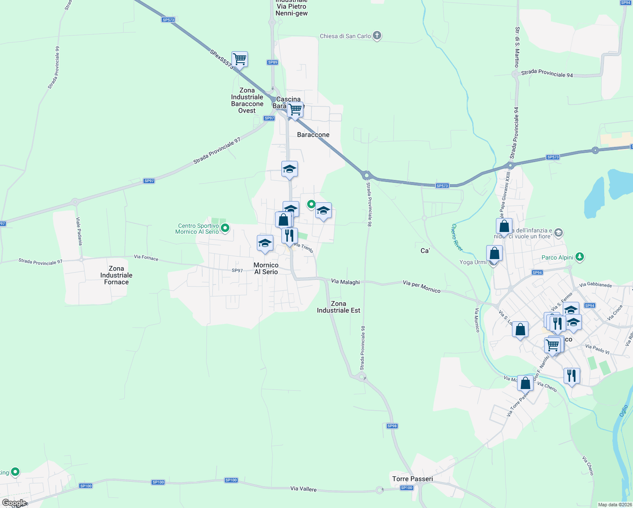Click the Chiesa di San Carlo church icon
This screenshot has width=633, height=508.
coord(377,36)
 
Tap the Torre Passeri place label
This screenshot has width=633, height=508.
coord(413,479)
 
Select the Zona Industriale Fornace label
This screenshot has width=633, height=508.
coord(116,275)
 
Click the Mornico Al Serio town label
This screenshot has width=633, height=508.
coord(266,268)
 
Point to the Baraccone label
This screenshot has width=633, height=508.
coord(313,135)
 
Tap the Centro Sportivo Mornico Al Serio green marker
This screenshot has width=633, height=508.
coord(226,228)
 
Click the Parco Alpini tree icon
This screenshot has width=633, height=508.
coord(580,257)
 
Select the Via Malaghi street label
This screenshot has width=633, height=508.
coord(345,282)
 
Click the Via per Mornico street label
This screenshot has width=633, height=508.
coord(421,287)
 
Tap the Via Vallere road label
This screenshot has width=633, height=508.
coord(303,489)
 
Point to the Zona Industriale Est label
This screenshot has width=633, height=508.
coord(339,307)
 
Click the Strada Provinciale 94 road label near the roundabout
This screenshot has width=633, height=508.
coord(547,73)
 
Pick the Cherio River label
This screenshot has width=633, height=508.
coord(457,237)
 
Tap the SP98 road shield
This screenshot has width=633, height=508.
coord(392,426)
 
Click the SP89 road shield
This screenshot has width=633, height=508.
coord(272,62)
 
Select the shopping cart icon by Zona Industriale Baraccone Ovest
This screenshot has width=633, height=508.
coord(239,59)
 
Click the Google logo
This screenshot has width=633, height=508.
coord(14,503)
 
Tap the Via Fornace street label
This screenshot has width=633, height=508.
coord(146,257)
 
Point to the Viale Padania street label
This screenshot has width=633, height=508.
coord(79,231)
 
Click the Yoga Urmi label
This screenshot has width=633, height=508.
coord(473,262)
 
